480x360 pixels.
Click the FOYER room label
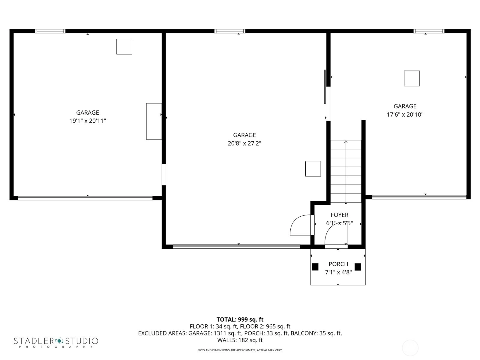(339, 215)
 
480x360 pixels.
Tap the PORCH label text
(338, 264)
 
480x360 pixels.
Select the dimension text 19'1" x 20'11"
(88, 121)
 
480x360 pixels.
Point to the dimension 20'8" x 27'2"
(244, 143)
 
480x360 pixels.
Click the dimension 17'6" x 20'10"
(405, 115)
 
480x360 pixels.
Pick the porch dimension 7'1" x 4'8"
(338, 272)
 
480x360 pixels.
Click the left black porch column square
(315, 267)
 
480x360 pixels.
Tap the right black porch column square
(358, 267)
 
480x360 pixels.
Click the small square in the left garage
(124, 46)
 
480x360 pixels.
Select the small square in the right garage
(412, 79)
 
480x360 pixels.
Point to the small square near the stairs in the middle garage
(313, 169)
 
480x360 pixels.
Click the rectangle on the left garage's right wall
(154, 121)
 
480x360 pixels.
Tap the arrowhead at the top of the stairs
(346, 142)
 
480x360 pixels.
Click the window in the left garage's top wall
(50, 31)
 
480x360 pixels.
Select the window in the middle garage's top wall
(230, 31)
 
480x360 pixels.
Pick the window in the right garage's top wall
(429, 31)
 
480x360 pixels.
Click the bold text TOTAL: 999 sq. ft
(240, 319)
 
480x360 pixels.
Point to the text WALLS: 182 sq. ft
(240, 340)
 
